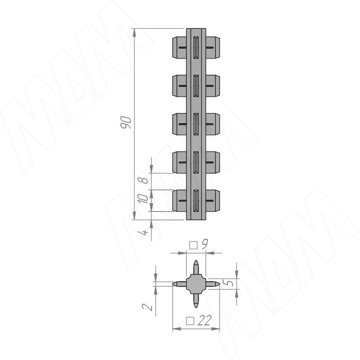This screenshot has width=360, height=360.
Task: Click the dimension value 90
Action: [x=126, y=122]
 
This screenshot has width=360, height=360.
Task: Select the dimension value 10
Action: [x=143, y=198]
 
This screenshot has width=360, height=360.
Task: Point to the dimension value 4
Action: [x=143, y=232]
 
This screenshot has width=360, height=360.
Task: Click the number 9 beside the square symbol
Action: [x=204, y=243]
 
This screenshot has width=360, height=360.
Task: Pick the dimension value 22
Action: [x=204, y=320]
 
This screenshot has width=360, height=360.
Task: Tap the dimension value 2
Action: [x=147, y=307]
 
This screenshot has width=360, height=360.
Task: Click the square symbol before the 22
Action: [x=190, y=321]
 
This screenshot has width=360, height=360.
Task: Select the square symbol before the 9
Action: [x=193, y=245]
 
